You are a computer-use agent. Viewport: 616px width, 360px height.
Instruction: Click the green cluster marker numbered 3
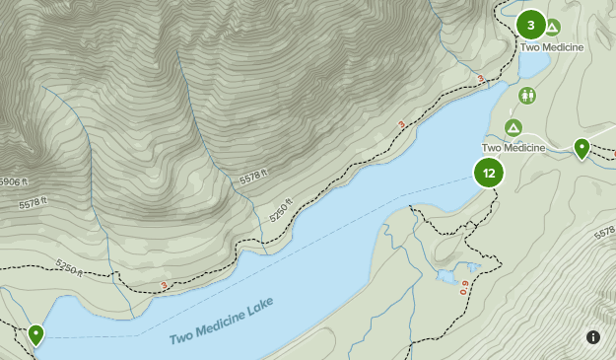(x=531, y=25)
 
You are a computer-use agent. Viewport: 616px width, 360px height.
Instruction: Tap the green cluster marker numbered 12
(x=489, y=174)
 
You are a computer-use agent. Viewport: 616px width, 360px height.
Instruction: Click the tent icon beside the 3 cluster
(x=552, y=27)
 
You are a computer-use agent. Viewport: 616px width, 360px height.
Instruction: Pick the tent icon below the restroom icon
(x=513, y=128)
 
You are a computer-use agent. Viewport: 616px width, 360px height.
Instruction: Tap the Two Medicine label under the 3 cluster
(x=551, y=47)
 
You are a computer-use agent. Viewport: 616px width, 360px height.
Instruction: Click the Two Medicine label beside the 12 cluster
(x=513, y=148)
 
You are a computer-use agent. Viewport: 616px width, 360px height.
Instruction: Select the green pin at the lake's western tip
(x=36, y=334)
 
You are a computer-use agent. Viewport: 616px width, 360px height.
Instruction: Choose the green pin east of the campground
(x=582, y=149)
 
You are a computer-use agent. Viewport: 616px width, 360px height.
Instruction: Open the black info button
(x=593, y=337)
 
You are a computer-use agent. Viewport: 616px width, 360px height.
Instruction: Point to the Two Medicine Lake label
(x=221, y=321)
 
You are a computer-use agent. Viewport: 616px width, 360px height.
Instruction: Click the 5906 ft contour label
(x=13, y=181)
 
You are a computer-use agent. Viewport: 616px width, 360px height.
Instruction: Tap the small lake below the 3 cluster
(x=533, y=64)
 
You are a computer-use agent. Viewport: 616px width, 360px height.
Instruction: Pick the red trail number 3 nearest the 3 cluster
(x=480, y=79)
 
